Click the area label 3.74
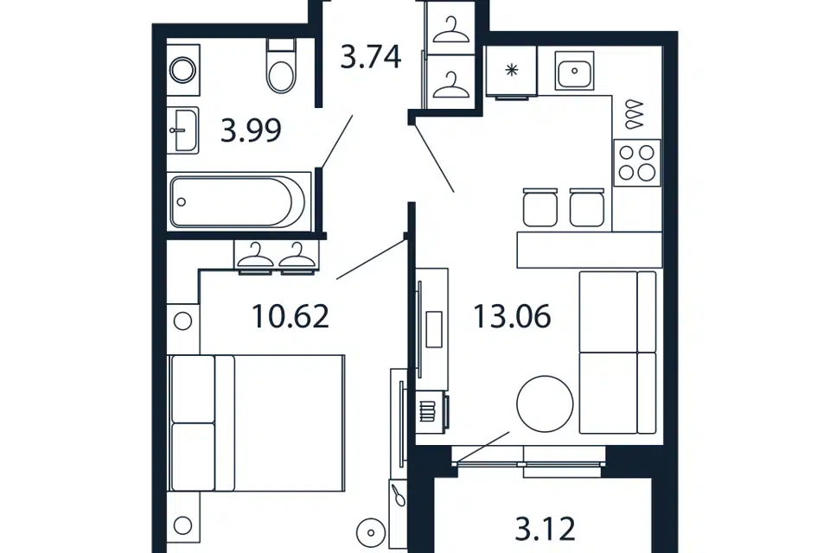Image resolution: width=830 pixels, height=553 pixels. click(371, 57)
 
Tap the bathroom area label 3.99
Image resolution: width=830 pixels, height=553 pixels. click(251, 130)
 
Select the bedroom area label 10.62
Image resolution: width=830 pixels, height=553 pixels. click(290, 316)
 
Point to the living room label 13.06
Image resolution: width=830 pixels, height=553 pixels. click(512, 316)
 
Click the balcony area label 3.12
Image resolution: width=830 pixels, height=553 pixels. click(546, 529)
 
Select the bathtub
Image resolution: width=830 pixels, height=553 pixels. click(239, 201)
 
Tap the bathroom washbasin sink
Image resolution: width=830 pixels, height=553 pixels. click(183, 130)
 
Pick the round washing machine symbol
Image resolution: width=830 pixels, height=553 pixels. click(183, 70)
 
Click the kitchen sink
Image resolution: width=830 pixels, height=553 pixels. click(574, 70)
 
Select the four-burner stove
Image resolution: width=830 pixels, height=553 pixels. click(637, 162)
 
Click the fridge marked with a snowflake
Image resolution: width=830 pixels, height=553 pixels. click(511, 70)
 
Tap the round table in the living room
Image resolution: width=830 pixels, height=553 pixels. click(545, 404)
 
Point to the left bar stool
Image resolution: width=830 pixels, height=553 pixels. click(539, 207)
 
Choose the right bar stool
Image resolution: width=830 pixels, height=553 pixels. click(587, 207)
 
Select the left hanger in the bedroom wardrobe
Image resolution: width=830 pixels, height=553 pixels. click(256, 255)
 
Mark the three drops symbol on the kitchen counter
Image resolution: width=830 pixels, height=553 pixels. click(634, 114)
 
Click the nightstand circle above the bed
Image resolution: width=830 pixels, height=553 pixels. click(182, 321)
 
